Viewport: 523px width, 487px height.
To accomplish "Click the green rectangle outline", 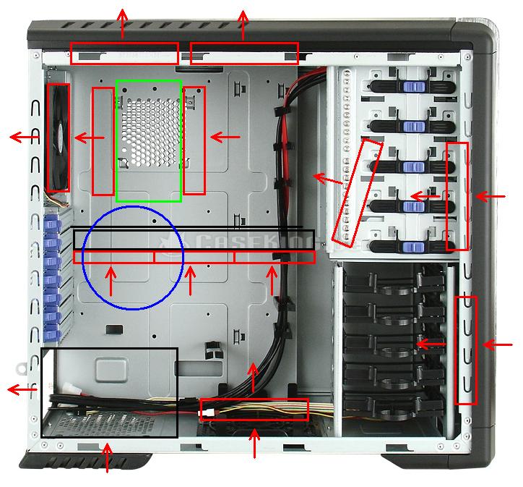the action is click(117, 141).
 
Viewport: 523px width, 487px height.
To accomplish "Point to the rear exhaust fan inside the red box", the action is click(58, 137).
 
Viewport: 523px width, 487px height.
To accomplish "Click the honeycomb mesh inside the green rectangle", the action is click(148, 130).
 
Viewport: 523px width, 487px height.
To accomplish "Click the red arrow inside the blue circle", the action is click(111, 281).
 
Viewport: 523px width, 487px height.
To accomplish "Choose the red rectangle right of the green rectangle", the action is click(194, 141).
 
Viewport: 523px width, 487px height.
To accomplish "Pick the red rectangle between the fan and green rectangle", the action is click(103, 141).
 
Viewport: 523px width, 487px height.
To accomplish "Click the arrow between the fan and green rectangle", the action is click(89, 137).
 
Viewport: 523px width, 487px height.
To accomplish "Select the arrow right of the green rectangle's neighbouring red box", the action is click(225, 136).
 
